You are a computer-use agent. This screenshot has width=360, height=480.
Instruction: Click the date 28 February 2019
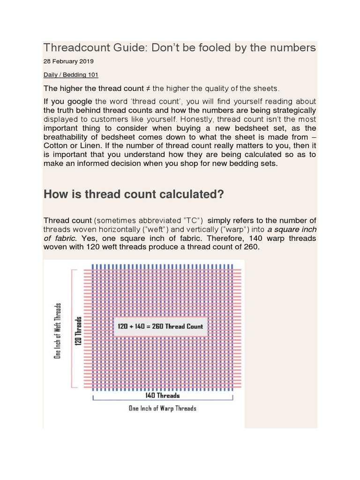tap(68, 61)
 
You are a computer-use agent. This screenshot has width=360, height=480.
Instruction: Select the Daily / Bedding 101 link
tap(71, 75)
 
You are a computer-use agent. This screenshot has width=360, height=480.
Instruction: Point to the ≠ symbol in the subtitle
tap(148, 89)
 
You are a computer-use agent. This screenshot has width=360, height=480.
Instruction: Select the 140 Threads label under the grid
tap(163, 396)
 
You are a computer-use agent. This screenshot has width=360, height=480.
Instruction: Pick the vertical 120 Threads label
tap(79, 331)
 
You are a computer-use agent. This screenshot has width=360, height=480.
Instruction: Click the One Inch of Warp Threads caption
tap(162, 408)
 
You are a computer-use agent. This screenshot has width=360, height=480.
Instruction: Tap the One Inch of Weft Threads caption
tap(58, 330)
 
